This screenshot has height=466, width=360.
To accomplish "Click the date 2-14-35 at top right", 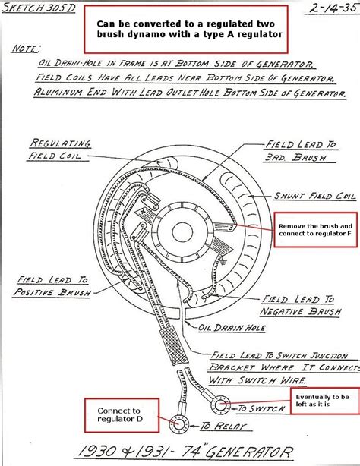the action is coord(333,8).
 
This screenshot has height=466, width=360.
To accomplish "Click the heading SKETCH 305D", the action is coord(39,8).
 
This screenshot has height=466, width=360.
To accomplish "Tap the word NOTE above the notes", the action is coord(26,49).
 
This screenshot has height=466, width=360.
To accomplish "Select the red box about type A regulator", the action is coord(186,29).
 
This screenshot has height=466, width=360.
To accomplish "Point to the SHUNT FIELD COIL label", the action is coord(315,196).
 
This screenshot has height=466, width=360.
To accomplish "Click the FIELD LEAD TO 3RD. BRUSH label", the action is coord(301,151).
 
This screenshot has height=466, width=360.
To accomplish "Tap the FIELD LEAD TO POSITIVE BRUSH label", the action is coord(52,286).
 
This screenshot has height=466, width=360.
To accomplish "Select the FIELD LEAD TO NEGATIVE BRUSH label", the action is coord(301,306).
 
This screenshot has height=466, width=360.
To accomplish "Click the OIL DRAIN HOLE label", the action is coord(232,328).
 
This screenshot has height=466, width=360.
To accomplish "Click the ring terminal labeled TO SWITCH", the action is coord(221,405).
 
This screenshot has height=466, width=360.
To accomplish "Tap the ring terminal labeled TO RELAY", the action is coord(179,423).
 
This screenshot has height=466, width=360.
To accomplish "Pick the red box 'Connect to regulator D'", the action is coord(122,415).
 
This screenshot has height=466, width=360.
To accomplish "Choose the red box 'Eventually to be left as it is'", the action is coord(325,401).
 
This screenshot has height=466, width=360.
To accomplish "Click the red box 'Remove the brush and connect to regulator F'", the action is coord(315,229).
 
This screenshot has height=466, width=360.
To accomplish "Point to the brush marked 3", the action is coord(226,227).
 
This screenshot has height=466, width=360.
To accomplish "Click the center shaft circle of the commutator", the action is coord(182,232).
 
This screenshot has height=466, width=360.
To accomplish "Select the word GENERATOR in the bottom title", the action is coord(248,452).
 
